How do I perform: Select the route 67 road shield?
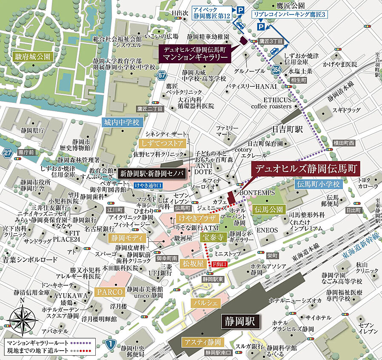click(x=160, y=76)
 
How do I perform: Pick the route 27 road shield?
click(x=7, y=153)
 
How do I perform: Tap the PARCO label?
click(x=110, y=292)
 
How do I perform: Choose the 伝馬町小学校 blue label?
click(x=318, y=184)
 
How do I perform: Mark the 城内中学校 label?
click(x=121, y=122)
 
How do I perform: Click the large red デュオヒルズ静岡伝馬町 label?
click(x=305, y=168)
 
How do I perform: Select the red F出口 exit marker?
click(x=220, y=264)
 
